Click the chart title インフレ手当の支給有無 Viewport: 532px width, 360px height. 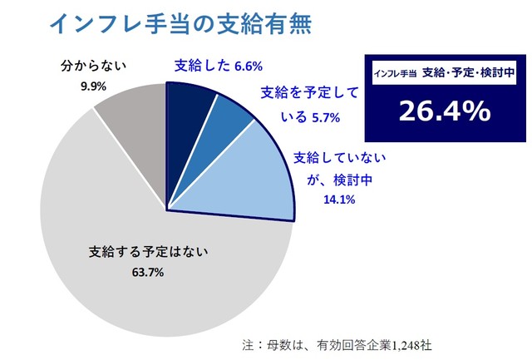pos(180,25)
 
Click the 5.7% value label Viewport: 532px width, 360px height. pos(325,118)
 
